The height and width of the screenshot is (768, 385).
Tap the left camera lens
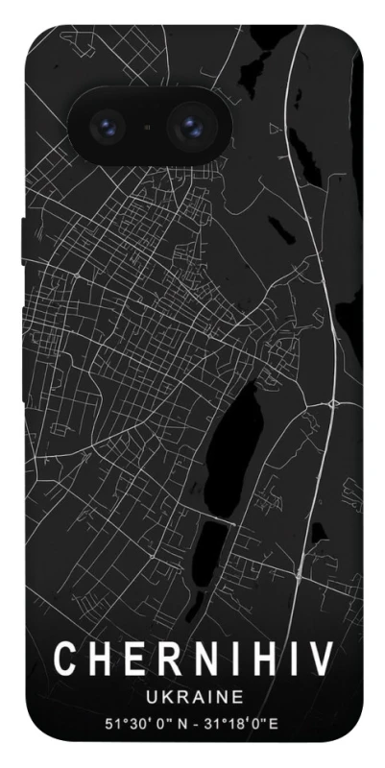click(105, 126)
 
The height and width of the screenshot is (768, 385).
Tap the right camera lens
click(189, 126)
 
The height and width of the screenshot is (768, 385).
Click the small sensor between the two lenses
click(147, 126)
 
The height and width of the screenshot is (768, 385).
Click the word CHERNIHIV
click(192, 660)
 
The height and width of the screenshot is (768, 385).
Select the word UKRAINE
click(192, 696)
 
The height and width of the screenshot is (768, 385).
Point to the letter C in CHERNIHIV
click(64, 660)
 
